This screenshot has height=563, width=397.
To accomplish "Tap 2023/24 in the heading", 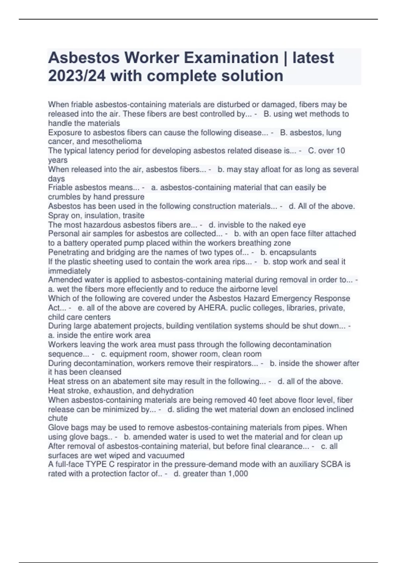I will pos(77,76).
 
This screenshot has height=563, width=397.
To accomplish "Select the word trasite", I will pos(133,215).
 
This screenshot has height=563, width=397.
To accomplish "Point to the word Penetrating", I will pos(68,252).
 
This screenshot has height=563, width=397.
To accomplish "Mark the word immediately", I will pos(69,271).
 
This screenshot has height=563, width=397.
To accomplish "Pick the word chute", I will pos(58,418).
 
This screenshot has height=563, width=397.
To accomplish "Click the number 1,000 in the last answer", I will pos(238,474).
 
